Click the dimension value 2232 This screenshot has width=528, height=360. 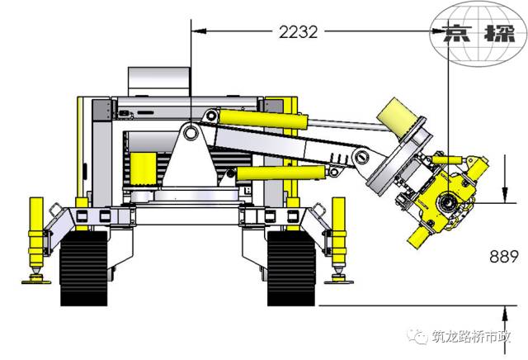(299, 32)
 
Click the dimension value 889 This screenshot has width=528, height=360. (504, 257)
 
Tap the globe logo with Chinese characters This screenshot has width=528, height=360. (478, 34)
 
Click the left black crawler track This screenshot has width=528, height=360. (84, 268)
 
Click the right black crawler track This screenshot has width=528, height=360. (291, 268)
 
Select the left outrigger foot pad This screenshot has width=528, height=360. (36, 281)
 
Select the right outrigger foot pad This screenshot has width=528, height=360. (339, 281)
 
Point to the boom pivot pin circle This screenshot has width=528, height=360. (191, 133)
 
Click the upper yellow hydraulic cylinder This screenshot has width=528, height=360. (263, 120)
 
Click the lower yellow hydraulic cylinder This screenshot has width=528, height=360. (281, 173)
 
